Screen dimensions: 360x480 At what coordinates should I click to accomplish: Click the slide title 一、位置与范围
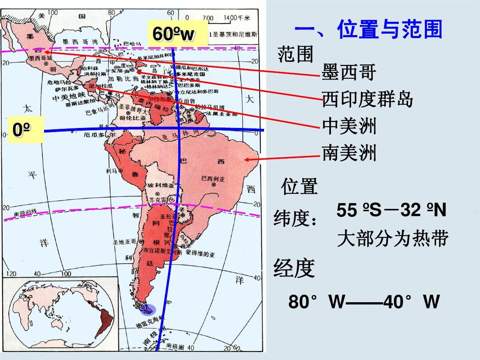(368, 30)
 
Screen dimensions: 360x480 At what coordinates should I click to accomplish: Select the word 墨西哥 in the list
(349, 73)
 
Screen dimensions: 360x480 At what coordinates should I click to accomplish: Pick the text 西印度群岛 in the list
(368, 100)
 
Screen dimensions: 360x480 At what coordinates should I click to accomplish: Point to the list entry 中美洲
(349, 126)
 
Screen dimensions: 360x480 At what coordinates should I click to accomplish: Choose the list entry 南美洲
(349, 154)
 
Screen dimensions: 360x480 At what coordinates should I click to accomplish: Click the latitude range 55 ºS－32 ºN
(391, 210)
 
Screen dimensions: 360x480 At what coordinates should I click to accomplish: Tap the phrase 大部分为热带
(392, 239)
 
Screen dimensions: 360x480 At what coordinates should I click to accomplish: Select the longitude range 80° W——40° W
(364, 302)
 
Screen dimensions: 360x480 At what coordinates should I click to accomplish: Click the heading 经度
(294, 268)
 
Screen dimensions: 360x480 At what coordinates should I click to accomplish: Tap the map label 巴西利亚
(213, 178)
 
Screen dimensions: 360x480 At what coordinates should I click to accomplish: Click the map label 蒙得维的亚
(200, 255)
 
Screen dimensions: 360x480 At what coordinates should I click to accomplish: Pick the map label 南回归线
(26, 214)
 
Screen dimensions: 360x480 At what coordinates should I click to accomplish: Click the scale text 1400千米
(237, 17)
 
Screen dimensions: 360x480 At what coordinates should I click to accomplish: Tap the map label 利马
(111, 171)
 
